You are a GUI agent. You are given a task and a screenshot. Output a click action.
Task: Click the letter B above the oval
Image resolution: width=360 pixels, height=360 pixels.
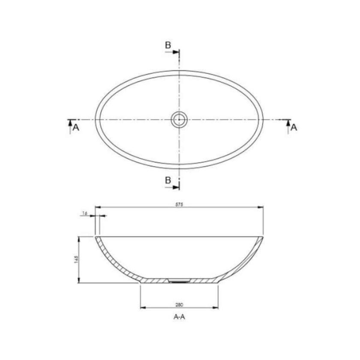168,45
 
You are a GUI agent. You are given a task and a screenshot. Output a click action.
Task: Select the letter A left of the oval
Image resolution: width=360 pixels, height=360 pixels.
76,127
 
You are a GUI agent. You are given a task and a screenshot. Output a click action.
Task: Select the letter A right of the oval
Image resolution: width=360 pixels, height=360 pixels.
294,127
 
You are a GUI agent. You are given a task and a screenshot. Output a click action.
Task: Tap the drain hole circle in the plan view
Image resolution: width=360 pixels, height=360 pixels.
179,119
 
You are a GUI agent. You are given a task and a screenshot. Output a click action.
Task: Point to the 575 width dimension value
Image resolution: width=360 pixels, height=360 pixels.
179,205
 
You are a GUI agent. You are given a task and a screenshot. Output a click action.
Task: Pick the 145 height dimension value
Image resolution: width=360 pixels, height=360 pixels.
76,259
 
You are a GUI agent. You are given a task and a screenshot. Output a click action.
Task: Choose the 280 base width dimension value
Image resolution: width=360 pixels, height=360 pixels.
179,305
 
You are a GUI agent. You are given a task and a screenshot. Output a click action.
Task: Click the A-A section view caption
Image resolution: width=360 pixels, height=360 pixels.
179,317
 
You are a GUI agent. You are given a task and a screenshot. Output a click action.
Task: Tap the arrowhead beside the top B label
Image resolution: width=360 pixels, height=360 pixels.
176,52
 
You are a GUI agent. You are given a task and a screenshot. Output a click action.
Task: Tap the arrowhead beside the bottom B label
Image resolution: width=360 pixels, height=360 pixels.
176,187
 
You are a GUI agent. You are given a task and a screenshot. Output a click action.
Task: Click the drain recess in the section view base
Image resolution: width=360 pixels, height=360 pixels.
179,281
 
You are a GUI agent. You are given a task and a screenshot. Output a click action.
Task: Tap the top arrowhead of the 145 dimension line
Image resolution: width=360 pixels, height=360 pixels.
78,238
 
